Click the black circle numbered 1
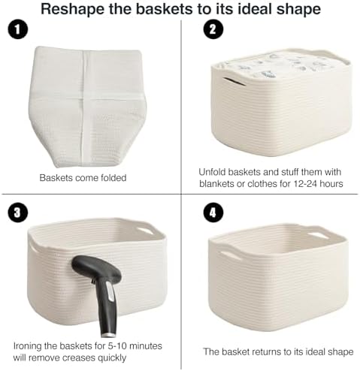[17, 29]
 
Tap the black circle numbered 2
[213, 29]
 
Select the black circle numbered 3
[17, 213]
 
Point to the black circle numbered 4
[213, 213]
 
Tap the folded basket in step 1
[87, 107]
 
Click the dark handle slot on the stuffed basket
[234, 82]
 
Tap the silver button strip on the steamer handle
[110, 291]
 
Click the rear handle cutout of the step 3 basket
[144, 231]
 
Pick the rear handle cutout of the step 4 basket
[318, 236]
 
